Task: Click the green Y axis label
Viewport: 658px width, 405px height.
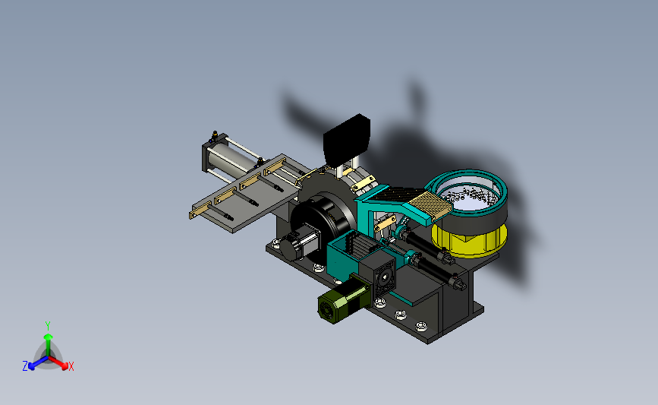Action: click(48, 326)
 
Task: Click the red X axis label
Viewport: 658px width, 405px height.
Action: click(71, 366)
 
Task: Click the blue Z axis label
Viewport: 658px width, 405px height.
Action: click(25, 366)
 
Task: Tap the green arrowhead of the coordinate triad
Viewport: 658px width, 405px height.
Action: click(49, 337)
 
